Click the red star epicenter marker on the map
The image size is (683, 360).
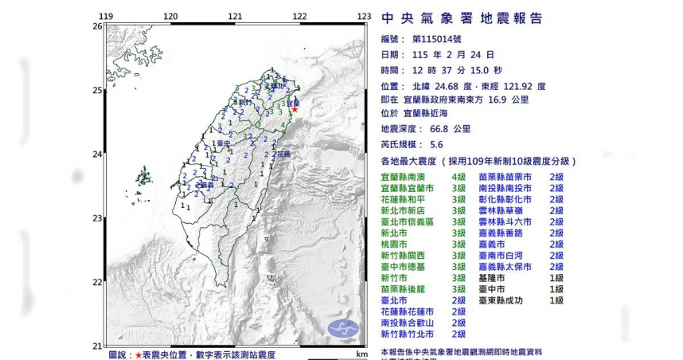tap(294, 110)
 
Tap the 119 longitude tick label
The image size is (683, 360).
tap(106, 17)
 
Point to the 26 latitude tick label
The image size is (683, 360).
tap(97, 26)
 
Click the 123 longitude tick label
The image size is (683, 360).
tap(365, 17)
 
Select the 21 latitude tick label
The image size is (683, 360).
tap(97, 346)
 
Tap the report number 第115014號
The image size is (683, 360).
tap(443, 39)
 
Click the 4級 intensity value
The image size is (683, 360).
tap(459, 176)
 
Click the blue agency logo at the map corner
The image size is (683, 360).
tap(342, 327)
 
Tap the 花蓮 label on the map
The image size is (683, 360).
tap(283, 153)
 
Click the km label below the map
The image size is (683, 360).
tap(362, 353)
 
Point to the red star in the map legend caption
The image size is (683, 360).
tap(139, 354)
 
